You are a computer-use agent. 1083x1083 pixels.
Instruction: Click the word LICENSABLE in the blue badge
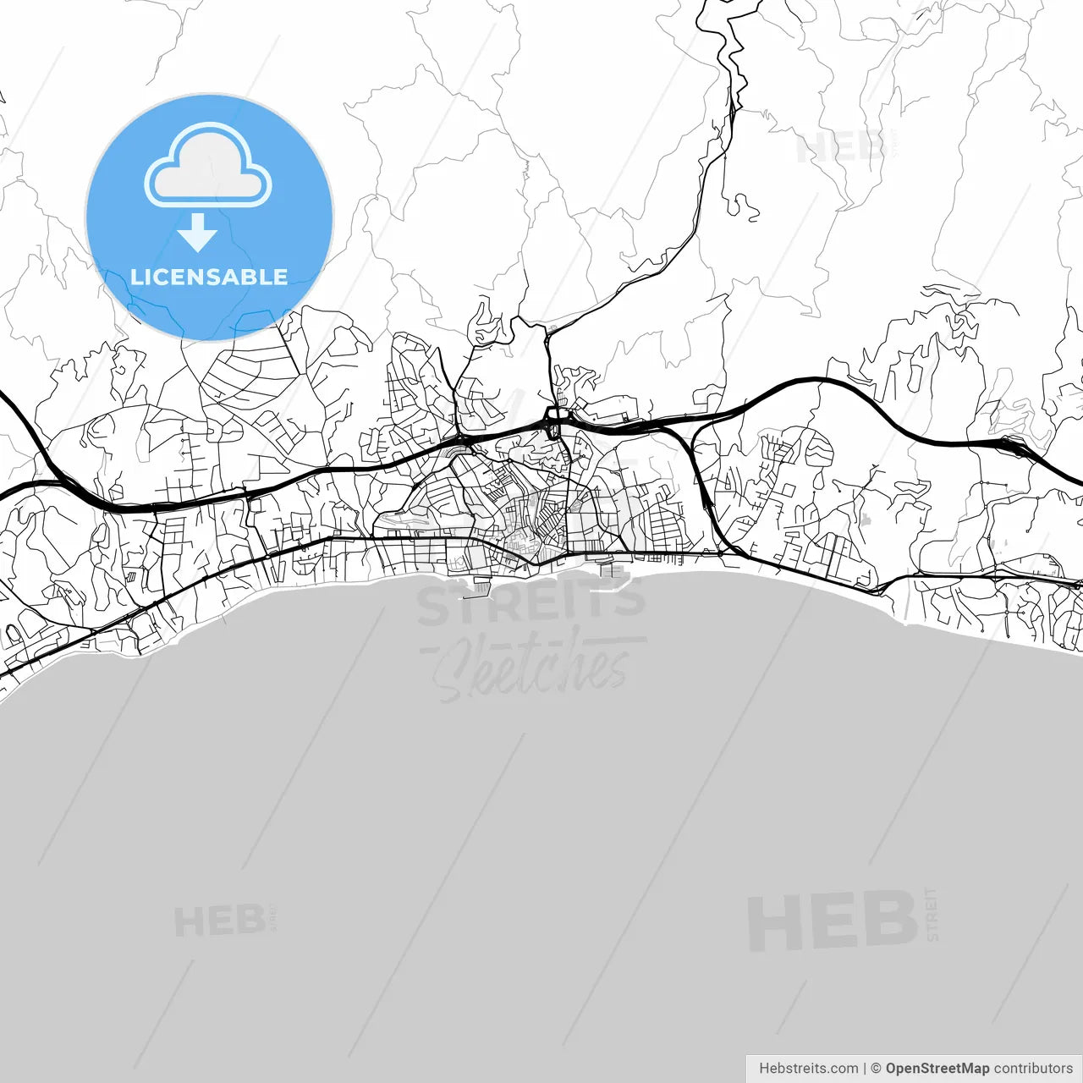[x=209, y=278]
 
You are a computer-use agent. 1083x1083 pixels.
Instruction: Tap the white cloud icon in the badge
[x=208, y=167]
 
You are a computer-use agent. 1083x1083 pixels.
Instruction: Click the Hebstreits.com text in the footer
[x=808, y=1069]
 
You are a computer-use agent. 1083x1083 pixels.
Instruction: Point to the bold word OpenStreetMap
[x=937, y=1069]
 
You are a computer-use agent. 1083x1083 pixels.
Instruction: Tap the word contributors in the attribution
[x=1032, y=1069]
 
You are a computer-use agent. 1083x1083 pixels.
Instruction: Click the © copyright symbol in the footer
[x=876, y=1069]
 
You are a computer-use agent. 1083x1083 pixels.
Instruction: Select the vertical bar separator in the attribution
[x=864, y=1069]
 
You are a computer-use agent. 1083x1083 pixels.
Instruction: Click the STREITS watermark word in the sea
[x=531, y=602]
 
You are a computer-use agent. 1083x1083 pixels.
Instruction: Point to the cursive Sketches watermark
[x=533, y=668]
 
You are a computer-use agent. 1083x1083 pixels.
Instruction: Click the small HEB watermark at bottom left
[x=219, y=921]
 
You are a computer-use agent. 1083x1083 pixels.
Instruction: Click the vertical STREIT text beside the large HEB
[x=932, y=914]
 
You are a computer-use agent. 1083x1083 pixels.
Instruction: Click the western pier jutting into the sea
[x=480, y=585]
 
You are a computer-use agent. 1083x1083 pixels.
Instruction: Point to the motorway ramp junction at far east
[x=1011, y=443]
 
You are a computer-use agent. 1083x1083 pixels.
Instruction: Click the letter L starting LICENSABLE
[x=135, y=278]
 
